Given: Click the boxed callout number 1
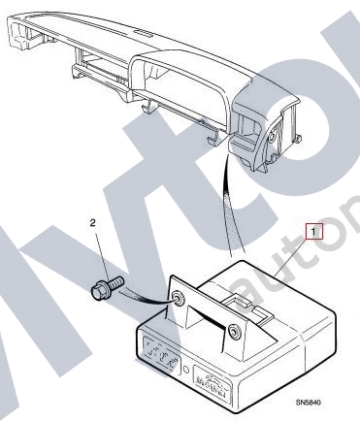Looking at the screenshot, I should click(312, 231).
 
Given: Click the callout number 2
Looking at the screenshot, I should click(92, 222).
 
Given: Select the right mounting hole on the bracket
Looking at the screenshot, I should click(233, 334).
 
